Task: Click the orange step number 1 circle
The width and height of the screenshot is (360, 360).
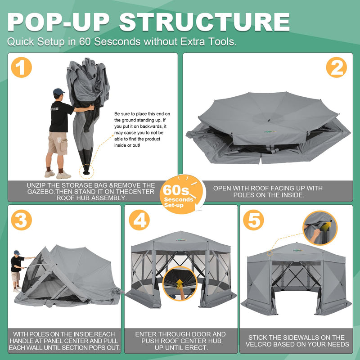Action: (21, 68)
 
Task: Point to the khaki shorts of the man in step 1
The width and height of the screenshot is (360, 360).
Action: (57, 143)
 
